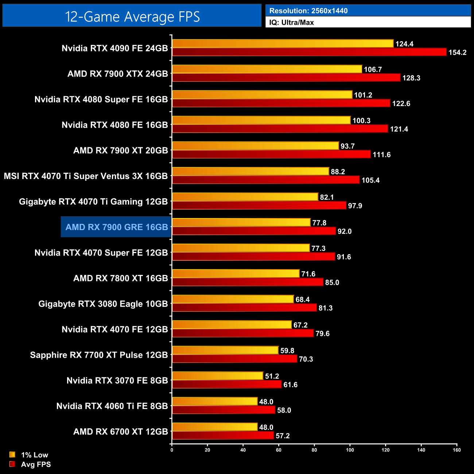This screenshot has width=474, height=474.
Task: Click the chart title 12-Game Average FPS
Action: (132, 17)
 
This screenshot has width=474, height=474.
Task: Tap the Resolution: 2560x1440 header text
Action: (308, 11)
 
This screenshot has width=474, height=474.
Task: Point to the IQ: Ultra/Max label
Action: (291, 23)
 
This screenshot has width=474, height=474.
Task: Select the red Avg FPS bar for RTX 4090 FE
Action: (309, 52)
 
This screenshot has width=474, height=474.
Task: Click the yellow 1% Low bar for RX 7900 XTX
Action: (267, 69)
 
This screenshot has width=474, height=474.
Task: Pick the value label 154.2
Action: (457, 53)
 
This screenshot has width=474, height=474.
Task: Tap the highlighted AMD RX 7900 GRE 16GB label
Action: (117, 227)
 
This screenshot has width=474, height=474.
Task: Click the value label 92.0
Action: (345, 232)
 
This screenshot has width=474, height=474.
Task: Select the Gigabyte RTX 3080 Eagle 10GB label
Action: (103, 304)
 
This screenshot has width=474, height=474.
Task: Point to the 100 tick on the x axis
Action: (350, 450)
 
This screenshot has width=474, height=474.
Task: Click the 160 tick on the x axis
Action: (456, 450)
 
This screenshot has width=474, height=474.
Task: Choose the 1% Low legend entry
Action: (34, 455)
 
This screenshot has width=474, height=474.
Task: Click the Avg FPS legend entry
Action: (36, 465)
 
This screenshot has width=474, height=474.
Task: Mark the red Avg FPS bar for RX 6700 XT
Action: (223, 436)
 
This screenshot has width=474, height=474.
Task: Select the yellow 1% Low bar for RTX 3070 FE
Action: (217, 376)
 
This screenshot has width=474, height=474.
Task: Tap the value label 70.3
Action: (306, 359)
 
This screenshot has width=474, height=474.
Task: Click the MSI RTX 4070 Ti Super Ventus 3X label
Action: (86, 176)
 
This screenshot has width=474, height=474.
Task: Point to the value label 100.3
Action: (361, 121)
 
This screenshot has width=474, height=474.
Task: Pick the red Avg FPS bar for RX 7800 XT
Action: (248, 282)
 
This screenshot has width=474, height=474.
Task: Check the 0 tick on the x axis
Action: (172, 450)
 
